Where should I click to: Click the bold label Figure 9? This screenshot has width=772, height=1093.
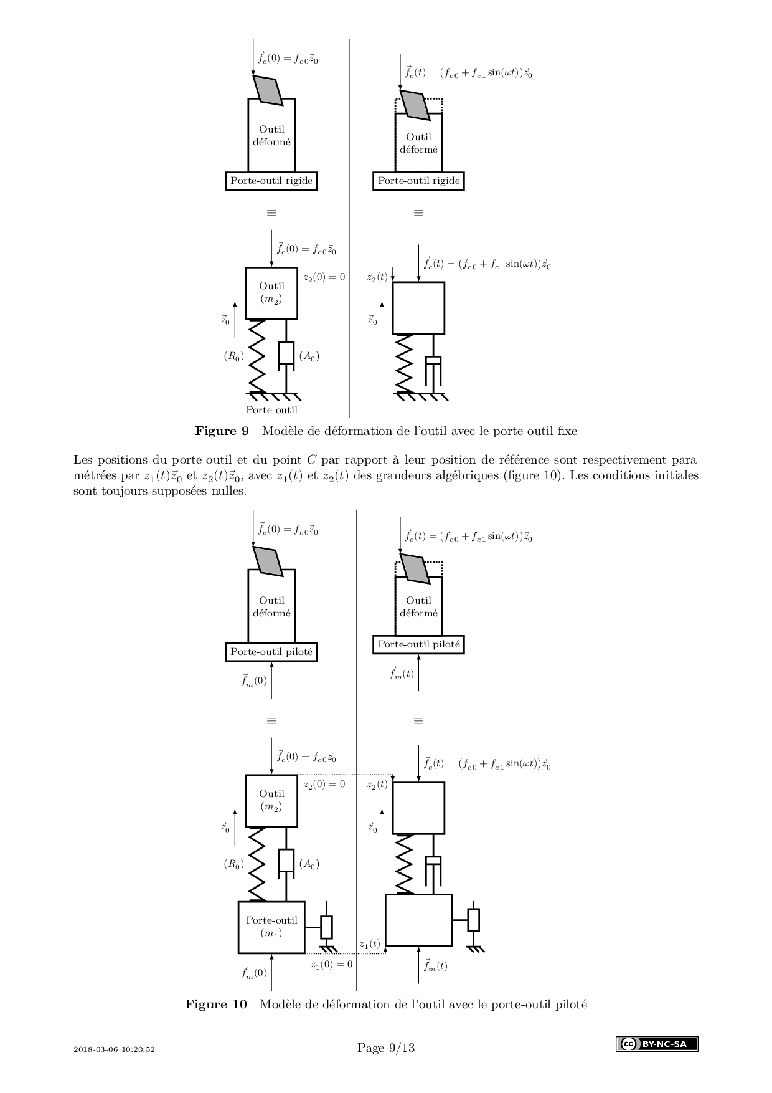[222, 431]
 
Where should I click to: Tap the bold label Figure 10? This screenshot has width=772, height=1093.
[215, 1004]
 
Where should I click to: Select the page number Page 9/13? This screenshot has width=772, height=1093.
[386, 1048]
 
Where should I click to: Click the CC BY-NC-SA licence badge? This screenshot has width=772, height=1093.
[657, 1044]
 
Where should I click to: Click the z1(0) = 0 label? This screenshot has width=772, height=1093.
[332, 964]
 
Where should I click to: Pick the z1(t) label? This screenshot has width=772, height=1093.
[370, 943]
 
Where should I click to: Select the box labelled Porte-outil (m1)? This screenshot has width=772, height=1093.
[271, 927]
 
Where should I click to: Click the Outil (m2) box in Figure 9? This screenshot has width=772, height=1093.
[271, 293]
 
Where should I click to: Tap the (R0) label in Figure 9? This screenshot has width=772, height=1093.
[234, 356]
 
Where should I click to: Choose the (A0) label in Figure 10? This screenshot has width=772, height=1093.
[309, 864]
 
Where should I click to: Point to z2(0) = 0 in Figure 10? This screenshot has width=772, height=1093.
[324, 785]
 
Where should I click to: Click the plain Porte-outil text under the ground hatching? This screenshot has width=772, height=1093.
[271, 409]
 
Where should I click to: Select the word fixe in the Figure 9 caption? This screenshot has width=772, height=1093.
[566, 431]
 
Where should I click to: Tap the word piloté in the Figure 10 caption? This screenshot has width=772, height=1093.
[571, 1004]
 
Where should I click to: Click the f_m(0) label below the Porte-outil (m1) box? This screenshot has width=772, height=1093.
[254, 973]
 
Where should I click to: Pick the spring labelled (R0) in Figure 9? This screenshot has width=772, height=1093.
[257, 356]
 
